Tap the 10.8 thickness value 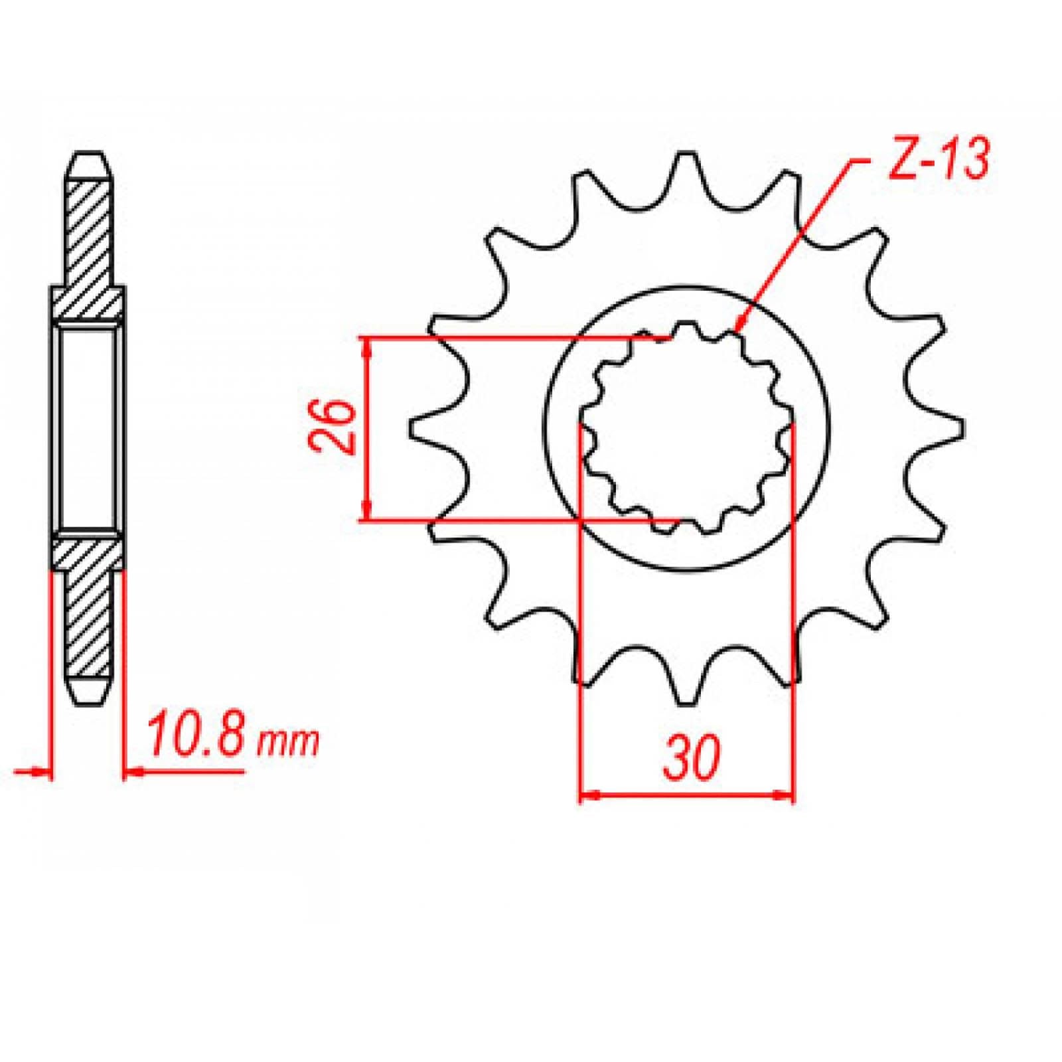click(x=197, y=735)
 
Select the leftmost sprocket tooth click(x=418, y=427)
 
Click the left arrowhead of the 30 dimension click(x=584, y=795)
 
